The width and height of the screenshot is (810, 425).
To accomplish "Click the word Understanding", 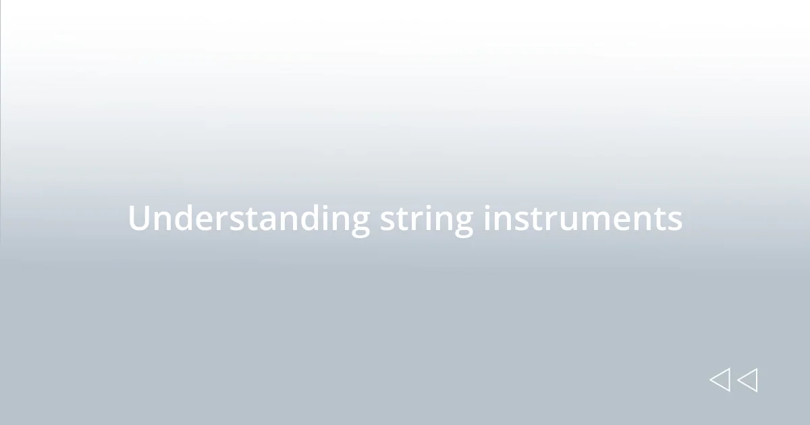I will (x=248, y=219).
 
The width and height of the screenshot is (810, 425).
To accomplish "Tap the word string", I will (x=426, y=219).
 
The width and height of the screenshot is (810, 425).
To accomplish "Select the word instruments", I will (x=582, y=219).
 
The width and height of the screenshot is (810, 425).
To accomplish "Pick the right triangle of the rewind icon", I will (x=748, y=380).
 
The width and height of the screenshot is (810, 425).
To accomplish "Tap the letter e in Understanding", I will (x=196, y=220).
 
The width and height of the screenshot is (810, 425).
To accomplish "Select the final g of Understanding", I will (x=359, y=223).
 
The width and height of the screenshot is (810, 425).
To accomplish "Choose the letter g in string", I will (x=462, y=223).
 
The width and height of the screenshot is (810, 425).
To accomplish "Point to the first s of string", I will (x=387, y=220).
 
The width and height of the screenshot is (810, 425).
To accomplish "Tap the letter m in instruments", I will (x=603, y=220).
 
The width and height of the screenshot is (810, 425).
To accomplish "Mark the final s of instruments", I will (x=675, y=220).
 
